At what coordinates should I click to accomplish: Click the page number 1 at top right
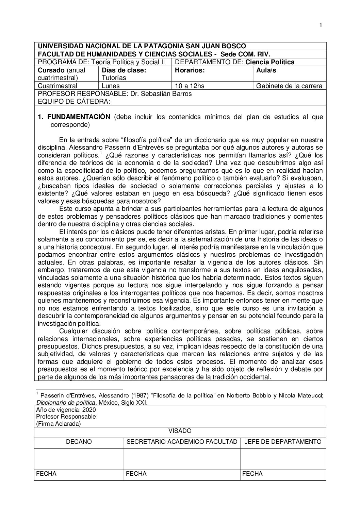321,25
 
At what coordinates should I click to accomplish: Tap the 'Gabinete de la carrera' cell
290,86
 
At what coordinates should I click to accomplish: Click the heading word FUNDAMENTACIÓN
79,117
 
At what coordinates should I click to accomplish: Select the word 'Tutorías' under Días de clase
112,78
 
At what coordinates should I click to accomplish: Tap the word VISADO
180,431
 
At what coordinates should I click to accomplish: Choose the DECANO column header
79,442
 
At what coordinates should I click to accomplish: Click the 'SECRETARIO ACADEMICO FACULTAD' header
182,442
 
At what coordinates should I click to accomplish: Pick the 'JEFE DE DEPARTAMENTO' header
283,442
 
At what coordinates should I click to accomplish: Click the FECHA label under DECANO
46,474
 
